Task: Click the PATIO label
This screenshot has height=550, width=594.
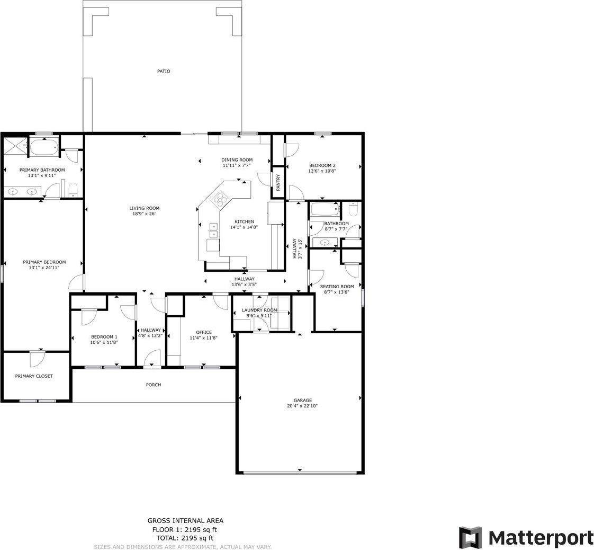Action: (x=164, y=71)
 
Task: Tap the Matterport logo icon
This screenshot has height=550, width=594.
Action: (x=471, y=537)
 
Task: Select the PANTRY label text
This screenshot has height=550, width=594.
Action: (x=278, y=182)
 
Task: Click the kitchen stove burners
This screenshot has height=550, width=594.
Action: (x=221, y=199)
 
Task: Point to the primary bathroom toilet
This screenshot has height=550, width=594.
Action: (x=73, y=190)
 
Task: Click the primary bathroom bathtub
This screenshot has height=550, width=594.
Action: (x=44, y=147)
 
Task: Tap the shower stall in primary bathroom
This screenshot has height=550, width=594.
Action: (x=16, y=146)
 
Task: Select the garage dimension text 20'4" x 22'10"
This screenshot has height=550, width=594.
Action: (x=302, y=406)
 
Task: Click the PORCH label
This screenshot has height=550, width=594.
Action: (x=154, y=385)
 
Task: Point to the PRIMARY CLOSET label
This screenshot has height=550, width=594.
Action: (x=34, y=376)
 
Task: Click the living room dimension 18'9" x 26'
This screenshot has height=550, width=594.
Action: (x=144, y=214)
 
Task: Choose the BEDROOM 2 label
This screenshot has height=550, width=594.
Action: (x=322, y=165)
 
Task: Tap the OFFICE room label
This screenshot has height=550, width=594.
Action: (x=204, y=332)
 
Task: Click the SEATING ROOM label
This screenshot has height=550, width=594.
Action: (x=337, y=287)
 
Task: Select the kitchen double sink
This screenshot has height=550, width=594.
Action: (x=214, y=230)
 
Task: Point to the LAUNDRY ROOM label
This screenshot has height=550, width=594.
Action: (x=259, y=310)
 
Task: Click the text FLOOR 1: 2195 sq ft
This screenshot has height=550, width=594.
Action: (x=184, y=529)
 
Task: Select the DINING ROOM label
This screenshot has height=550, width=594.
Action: (x=237, y=159)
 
